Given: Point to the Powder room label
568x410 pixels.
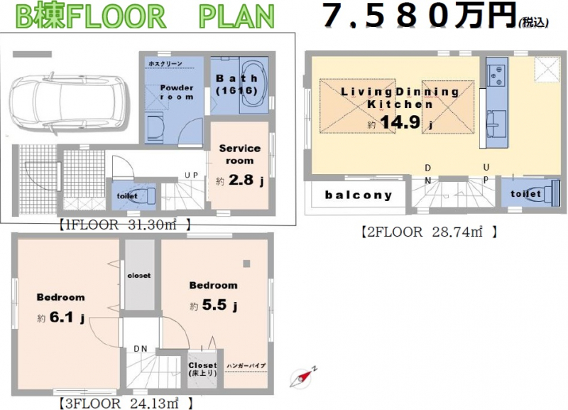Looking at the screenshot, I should point(177,92).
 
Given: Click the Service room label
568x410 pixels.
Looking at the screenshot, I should point(239,154).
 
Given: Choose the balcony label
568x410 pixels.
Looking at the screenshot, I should point(359,195).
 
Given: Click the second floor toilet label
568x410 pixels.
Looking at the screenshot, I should point(526,193).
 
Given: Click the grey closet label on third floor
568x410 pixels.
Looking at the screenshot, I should point(138,275).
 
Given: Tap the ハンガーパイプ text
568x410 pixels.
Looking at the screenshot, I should point(246,365).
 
